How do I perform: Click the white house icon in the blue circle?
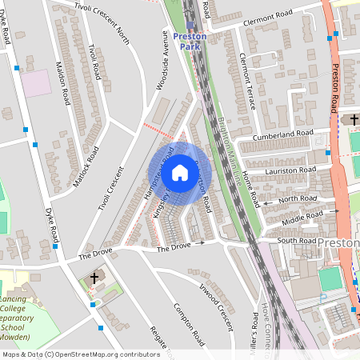pos(180,172)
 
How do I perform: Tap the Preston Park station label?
pos(190,42)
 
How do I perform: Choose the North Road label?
pos(298,198)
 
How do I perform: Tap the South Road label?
pos(297,240)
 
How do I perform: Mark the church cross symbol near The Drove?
pos(95,278)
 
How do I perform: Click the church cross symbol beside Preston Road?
pos(353,120)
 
